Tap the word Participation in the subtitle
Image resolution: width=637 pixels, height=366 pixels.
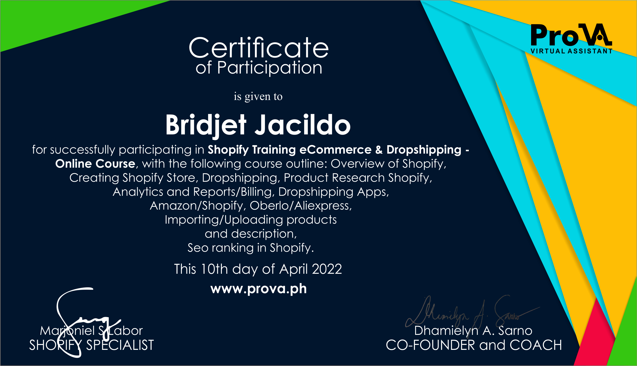click(270, 68)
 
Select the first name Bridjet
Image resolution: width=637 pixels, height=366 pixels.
click(206, 125)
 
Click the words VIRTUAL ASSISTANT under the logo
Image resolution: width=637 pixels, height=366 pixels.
click(571, 51)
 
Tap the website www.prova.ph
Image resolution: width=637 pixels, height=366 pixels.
click(258, 289)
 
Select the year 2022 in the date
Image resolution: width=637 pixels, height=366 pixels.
click(327, 269)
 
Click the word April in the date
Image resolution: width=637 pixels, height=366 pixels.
click(294, 270)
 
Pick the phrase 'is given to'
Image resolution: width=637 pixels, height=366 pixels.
click(258, 96)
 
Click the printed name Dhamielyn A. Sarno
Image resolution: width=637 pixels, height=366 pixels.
click(473, 331)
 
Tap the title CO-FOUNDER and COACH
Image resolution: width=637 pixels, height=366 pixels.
click(474, 345)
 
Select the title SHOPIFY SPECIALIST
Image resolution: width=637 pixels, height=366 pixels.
click(92, 345)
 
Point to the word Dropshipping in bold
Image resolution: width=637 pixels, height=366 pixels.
click(424, 150)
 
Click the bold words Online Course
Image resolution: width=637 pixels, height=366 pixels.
click(95, 164)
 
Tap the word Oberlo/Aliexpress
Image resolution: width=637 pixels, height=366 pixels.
click(301, 206)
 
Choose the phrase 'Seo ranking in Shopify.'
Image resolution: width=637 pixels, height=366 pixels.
click(251, 248)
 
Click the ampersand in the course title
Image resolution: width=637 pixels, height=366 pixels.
click(379, 150)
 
